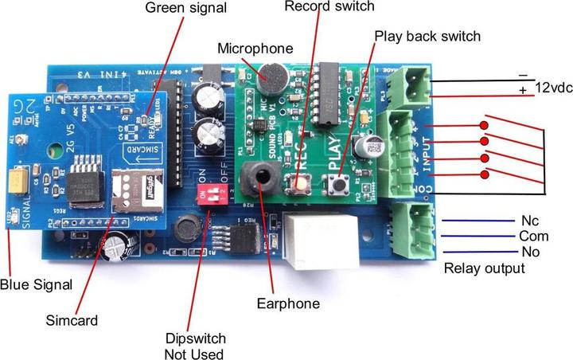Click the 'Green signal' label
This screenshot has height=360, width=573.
(185, 8)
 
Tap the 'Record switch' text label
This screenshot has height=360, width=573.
(329, 6)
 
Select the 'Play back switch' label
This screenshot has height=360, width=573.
(427, 36)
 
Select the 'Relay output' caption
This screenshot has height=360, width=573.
(484, 268)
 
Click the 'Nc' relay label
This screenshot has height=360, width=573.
(530, 219)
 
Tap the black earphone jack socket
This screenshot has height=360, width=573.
(255, 182)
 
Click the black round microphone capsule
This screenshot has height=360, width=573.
(272, 77)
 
